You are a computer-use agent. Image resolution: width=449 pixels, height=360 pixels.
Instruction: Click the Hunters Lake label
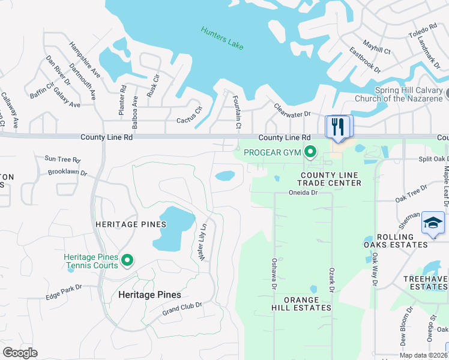222,37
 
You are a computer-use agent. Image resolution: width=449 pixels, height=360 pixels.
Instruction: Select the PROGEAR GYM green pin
310,152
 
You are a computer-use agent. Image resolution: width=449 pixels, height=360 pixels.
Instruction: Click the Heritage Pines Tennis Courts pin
127,260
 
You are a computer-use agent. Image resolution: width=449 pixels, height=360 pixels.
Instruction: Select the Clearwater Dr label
292,110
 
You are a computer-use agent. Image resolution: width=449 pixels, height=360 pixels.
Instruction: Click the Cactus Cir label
190,116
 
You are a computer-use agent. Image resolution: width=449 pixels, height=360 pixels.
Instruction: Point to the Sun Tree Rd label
62,160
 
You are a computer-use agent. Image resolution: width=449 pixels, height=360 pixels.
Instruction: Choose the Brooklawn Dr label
68,172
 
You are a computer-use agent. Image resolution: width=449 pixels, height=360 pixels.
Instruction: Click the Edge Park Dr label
63,293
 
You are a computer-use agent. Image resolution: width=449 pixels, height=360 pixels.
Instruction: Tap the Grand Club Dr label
182,309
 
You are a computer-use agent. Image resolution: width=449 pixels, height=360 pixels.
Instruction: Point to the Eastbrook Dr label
365,59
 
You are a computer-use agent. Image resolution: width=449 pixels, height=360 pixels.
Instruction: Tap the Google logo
20,353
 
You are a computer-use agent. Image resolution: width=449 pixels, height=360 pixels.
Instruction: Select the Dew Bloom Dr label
406,327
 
